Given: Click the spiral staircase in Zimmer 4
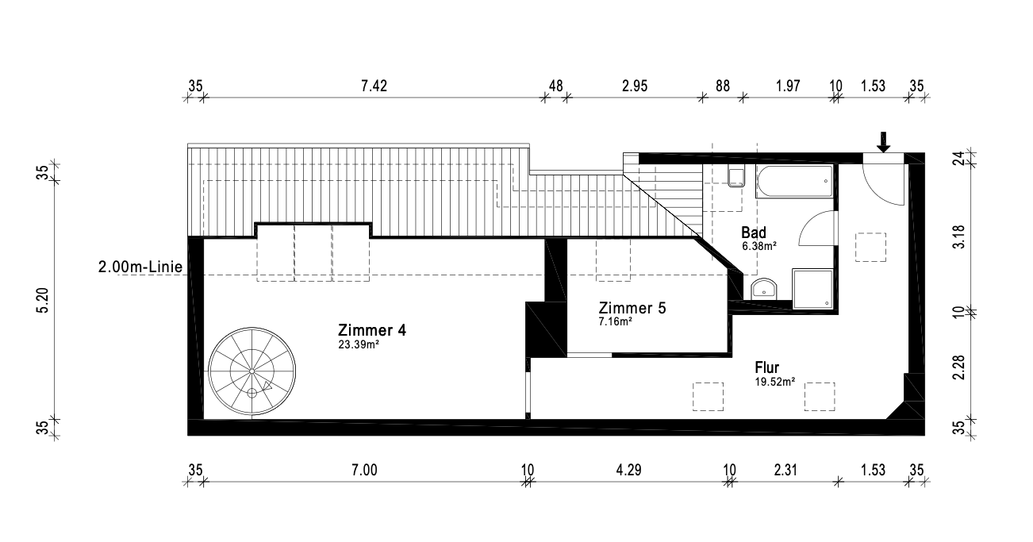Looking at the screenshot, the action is coord(252,371).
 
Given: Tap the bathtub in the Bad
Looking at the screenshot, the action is coord(794,181).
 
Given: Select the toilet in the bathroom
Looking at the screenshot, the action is coord(736,178).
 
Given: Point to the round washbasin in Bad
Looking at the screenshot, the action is coord(764,289).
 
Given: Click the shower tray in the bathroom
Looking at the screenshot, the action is coord(812,289).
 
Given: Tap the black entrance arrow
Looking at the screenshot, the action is coord(883,142).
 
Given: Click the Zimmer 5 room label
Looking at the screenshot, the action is coord(632,308).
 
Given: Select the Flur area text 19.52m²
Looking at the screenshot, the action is coord(774,382).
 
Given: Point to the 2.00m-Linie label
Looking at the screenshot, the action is coord(140,267).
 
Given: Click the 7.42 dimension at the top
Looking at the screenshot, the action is coord(374,86).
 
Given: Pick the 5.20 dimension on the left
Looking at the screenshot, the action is coord(42,300).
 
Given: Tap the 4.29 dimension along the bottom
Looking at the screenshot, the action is coord(628,470).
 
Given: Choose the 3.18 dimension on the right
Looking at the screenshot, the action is coord(958,236).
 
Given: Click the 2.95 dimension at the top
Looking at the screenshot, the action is coord(635,86).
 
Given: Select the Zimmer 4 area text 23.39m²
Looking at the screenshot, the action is coord(359,344).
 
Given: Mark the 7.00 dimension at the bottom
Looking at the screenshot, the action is coord(364,470).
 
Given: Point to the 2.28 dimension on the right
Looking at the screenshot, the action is coord(958,367).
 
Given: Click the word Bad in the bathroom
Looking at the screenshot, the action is coord(754,232).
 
